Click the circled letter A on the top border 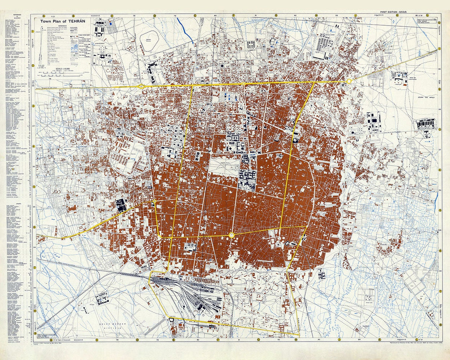[x=43, y=16]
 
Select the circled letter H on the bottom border [x=296, y=339]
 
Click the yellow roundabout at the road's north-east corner [x=348, y=81]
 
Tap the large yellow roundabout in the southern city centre [x=232, y=235]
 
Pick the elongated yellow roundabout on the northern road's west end [x=142, y=86]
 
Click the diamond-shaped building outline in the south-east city [x=287, y=244]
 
